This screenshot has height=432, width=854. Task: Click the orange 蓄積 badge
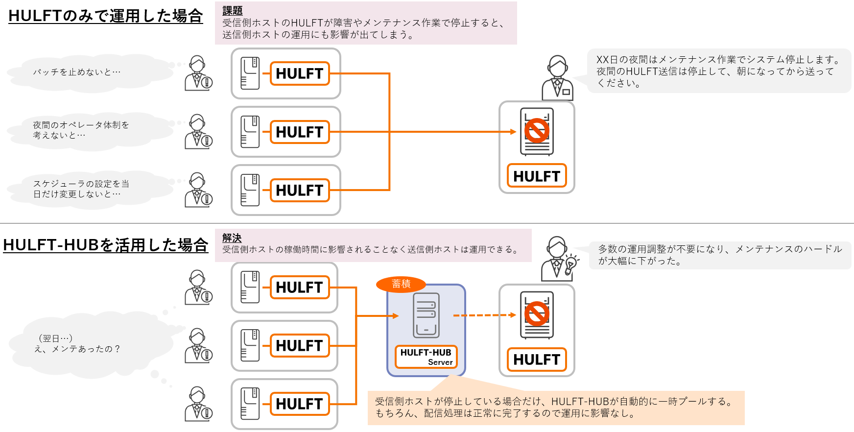coord(401,284)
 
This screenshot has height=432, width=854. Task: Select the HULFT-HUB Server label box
coord(426,357)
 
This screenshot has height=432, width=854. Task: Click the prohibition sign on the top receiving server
coord(537,130)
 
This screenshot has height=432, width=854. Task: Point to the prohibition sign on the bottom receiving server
coord(537,314)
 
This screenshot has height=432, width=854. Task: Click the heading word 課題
coord(232,11)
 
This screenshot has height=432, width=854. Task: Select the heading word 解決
coord(232,238)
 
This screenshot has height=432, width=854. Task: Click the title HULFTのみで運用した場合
coord(105,16)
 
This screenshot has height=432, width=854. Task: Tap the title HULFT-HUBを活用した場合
coord(105,244)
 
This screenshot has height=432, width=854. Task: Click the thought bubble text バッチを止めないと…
coord(77,72)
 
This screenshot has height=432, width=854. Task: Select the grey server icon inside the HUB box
coord(426,315)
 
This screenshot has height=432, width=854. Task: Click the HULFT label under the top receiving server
coord(537,176)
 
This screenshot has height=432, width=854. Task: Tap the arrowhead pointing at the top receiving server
coord(513,132)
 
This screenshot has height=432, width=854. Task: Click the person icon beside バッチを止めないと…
coord(198,73)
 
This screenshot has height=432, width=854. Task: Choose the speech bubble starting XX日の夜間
coord(718,71)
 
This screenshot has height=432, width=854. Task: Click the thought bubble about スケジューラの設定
coord(81,189)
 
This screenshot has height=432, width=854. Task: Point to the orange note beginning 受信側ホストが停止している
coord(556,408)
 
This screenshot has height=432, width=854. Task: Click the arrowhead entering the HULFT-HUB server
coord(396,316)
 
